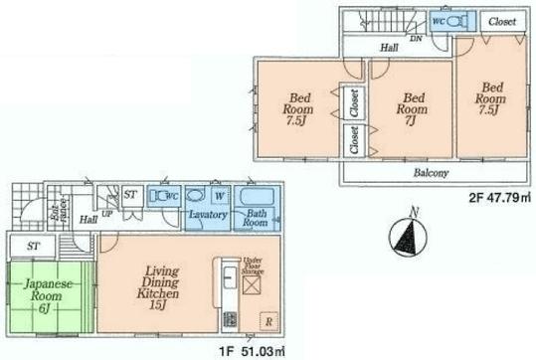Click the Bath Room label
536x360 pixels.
[x=257, y=218]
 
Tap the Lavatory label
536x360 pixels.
[x=210, y=215]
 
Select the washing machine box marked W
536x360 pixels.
[x=220, y=195]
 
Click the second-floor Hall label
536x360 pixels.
[x=394, y=46]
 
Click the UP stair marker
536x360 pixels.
[x=106, y=212]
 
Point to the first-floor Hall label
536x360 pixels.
[x=89, y=218]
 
